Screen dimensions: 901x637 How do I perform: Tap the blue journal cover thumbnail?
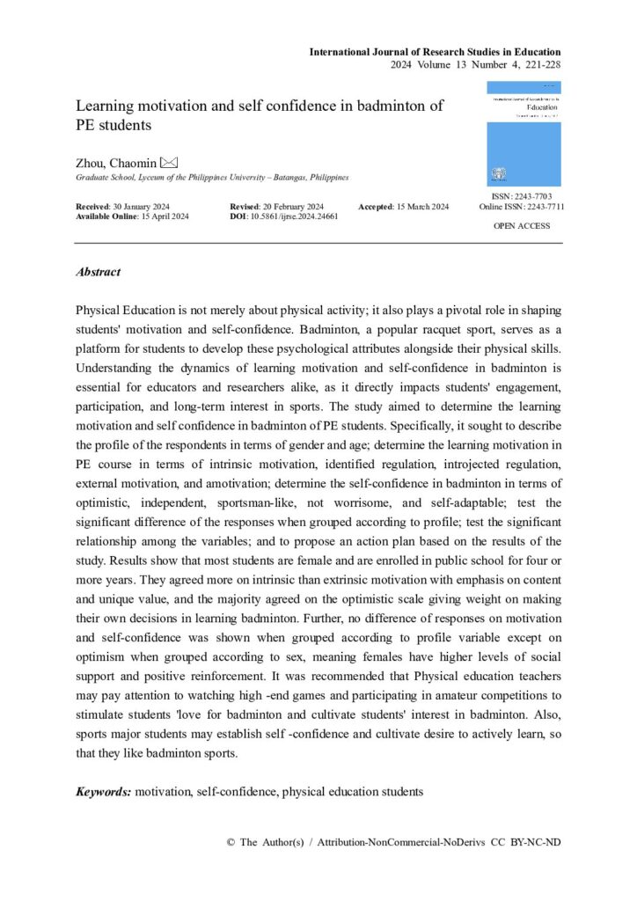(x=523, y=134)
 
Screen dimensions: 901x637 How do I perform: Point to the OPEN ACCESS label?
(x=523, y=226)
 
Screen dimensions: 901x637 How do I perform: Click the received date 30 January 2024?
(x=143, y=206)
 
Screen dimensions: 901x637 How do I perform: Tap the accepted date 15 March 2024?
(x=420, y=206)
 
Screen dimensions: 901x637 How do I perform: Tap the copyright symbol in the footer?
(x=231, y=842)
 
